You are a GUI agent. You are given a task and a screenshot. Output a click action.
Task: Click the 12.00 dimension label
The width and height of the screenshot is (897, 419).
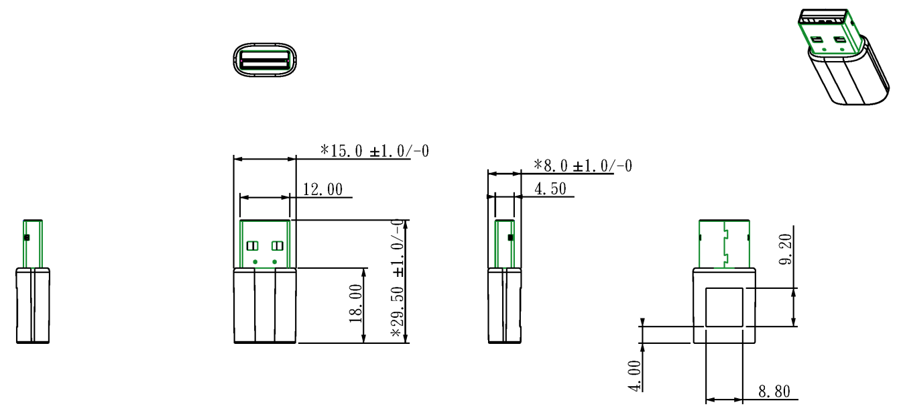click(x=322, y=190)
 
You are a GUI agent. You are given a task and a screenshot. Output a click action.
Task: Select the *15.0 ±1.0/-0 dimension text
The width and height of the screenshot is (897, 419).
click(x=374, y=151)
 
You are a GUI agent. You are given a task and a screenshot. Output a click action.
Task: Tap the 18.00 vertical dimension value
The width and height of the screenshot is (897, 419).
click(x=355, y=303)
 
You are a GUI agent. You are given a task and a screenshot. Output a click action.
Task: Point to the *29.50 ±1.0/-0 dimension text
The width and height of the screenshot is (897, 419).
click(x=398, y=278)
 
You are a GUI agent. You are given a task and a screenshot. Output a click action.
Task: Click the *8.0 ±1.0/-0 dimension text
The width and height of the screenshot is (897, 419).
click(x=583, y=166)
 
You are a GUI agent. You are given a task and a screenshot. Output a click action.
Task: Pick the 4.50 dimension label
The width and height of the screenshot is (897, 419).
click(x=550, y=188)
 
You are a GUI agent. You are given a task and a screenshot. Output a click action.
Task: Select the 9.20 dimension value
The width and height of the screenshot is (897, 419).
click(x=786, y=249)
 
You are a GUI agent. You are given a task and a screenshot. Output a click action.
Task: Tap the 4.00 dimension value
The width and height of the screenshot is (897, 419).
click(x=634, y=375)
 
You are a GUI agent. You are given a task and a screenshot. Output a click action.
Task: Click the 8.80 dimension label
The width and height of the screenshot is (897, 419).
click(x=774, y=392)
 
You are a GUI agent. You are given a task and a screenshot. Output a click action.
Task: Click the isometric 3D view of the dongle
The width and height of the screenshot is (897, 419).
click(x=843, y=56)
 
